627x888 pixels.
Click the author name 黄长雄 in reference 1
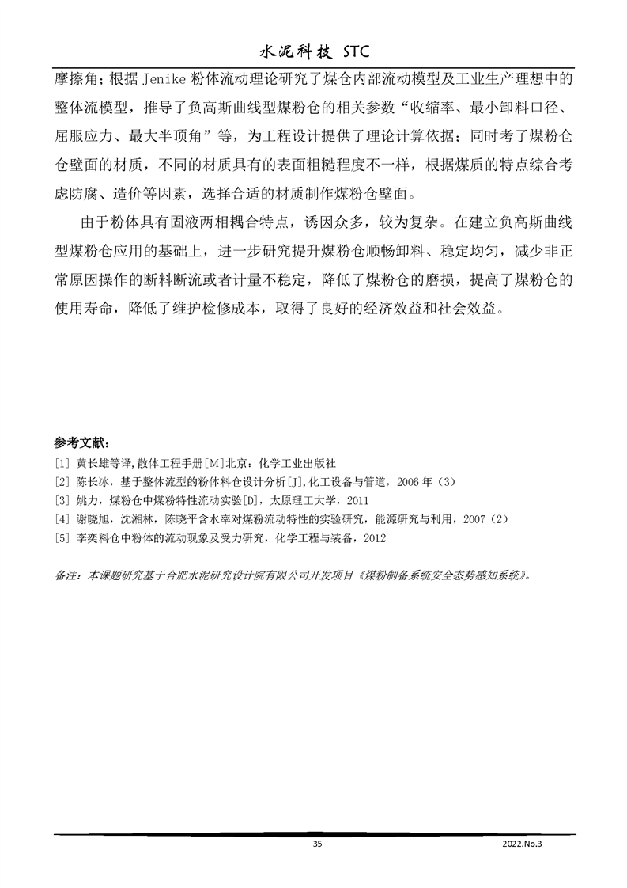[x=91, y=464]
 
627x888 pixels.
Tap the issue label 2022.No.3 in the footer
[x=523, y=845]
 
